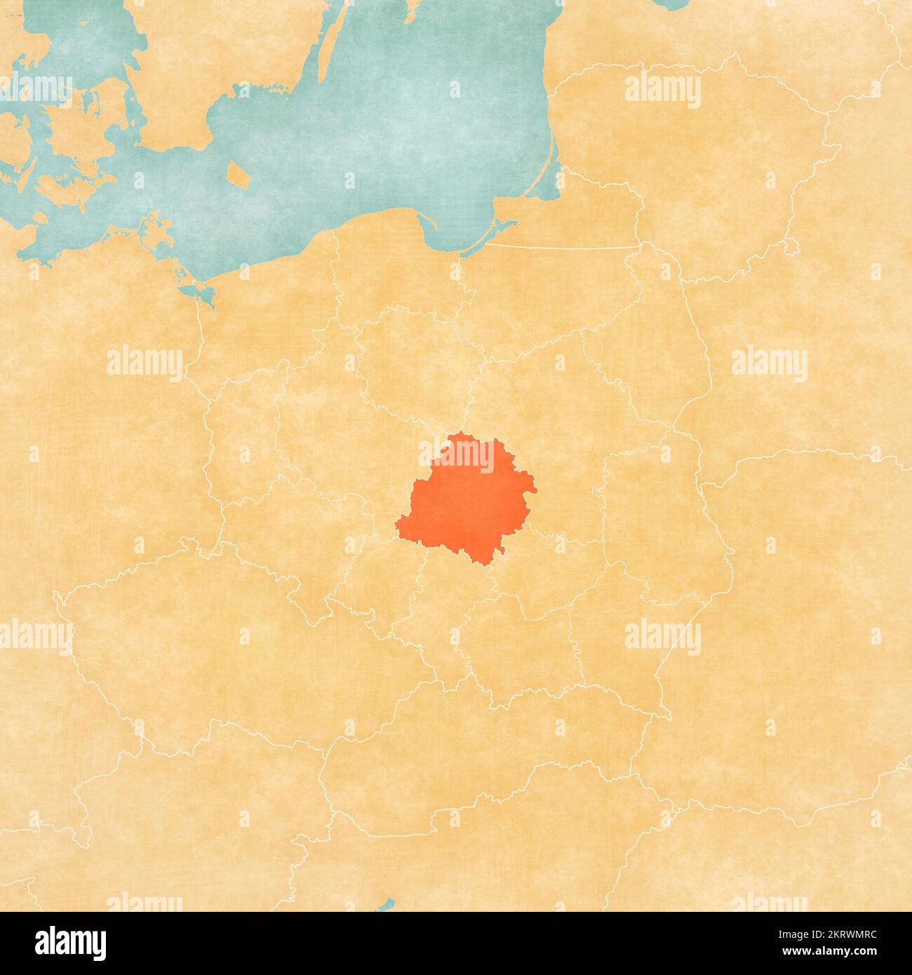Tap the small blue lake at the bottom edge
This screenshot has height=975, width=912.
[x=386, y=905]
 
